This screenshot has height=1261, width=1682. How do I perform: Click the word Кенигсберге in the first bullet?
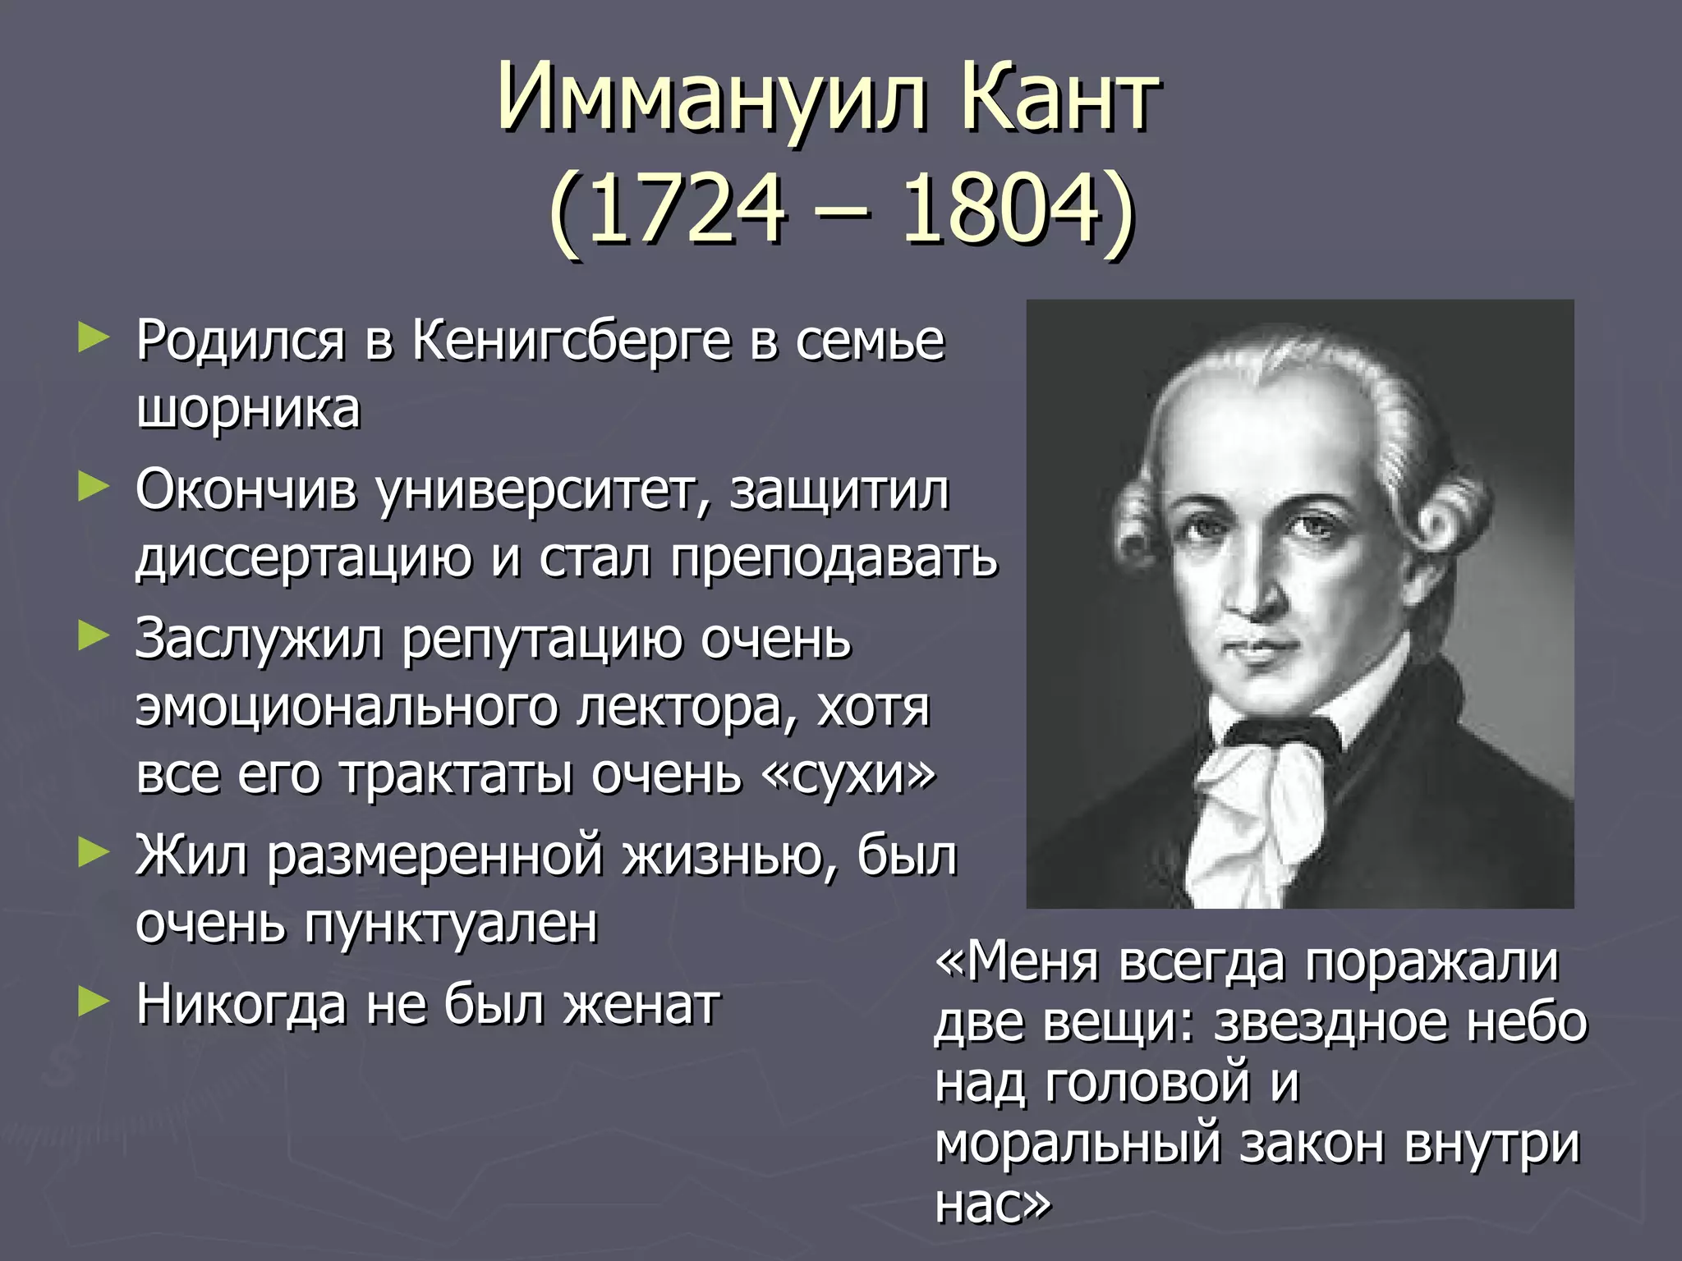click(x=571, y=340)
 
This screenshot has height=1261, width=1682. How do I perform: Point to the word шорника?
click(x=248, y=409)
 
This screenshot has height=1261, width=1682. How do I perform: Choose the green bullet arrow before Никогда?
click(x=93, y=1002)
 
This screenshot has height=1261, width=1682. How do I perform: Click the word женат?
click(x=641, y=1005)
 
